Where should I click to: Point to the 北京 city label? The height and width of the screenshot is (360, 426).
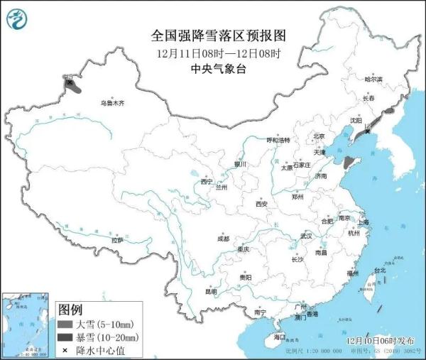(x=319, y=136)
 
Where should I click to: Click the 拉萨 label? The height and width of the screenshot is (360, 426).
(x=117, y=240)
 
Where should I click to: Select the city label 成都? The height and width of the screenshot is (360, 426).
(x=223, y=239)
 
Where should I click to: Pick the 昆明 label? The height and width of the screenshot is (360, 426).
(x=211, y=291)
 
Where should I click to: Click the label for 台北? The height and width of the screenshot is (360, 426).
(x=379, y=271)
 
